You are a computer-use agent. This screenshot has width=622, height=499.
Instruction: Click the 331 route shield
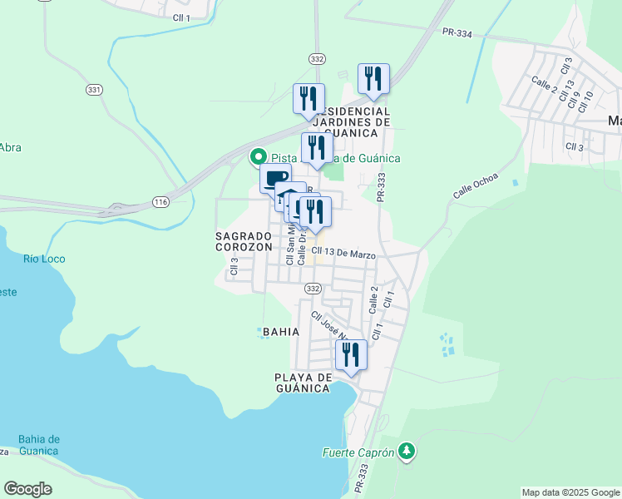click(x=94, y=89)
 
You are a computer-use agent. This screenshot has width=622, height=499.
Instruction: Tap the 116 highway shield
click(x=160, y=202)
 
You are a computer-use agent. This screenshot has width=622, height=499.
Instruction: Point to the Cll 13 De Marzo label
click(x=343, y=254)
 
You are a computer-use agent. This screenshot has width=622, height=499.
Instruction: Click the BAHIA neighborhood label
click(x=280, y=331)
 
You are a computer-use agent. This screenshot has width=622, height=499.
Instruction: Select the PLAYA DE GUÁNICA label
click(x=303, y=383)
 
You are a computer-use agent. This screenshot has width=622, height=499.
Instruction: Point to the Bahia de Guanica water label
click(x=38, y=445)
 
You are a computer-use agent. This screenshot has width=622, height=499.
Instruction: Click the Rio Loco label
click(x=43, y=259)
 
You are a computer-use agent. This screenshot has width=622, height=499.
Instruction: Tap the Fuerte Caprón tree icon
click(x=407, y=452)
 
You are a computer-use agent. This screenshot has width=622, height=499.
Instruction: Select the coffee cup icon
click(x=275, y=176)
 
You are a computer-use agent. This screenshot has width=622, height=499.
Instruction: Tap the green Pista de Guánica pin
click(x=259, y=156)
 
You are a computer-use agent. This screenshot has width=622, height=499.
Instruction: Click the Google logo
click(x=27, y=489)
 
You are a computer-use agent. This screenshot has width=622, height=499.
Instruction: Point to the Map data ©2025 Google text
click(x=570, y=492)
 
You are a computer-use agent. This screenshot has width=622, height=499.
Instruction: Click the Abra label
click(x=10, y=147)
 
